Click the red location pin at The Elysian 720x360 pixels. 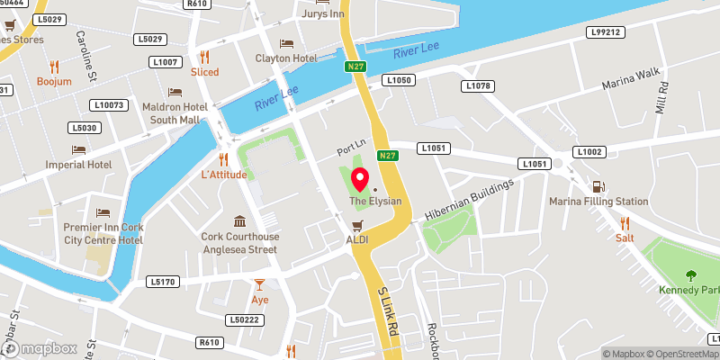(x=359, y=177)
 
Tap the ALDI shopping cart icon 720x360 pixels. (x=357, y=225)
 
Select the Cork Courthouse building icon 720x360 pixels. (x=239, y=221)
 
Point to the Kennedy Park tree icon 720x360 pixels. (x=691, y=276)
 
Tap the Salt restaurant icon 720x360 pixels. (x=624, y=223)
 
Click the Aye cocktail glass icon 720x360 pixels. (x=260, y=284)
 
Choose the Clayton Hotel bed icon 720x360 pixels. (x=286, y=43)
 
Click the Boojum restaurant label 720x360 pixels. (x=54, y=81)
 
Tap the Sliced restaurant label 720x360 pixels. (x=204, y=72)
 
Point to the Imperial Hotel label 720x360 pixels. (x=79, y=165)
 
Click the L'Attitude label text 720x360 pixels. (x=223, y=174)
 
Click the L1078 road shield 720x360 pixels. (x=478, y=85)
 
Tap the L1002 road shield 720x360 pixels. (x=589, y=152)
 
